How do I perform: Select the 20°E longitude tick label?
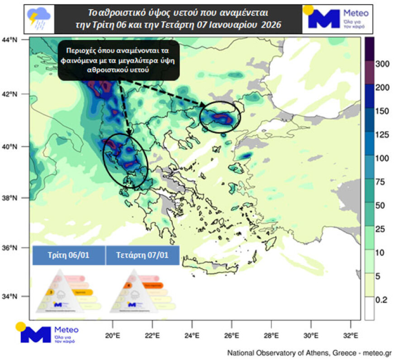[x=112, y=336]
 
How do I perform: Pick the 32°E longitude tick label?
[x=351, y=336]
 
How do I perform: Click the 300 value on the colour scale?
[x=382, y=64]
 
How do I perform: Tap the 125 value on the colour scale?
[x=382, y=135]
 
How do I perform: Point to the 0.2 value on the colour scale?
[x=382, y=299]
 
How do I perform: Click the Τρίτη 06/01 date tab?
[x=69, y=255]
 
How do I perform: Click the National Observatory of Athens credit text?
[x=309, y=353]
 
